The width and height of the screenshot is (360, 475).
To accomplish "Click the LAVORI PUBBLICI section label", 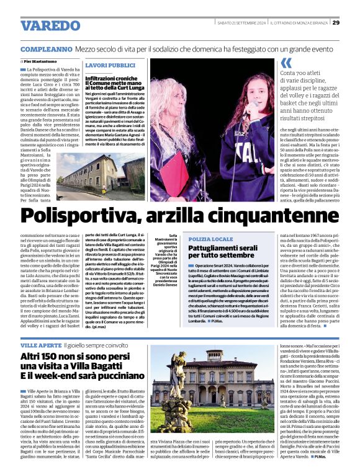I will pos(110,65).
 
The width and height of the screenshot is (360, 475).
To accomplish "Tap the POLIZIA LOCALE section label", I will pos(211,239).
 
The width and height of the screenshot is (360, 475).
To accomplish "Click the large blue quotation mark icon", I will pos(286,62).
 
